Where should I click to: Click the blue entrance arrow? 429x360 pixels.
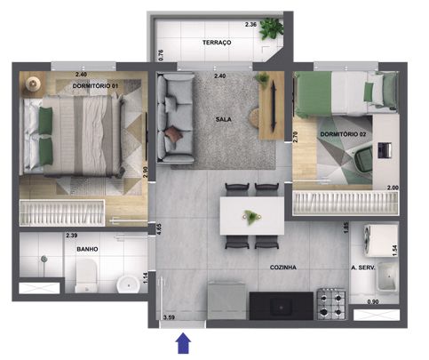(x=183, y=343)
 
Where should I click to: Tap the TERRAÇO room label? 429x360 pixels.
(x=217, y=43)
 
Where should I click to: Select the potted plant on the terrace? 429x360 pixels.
(x=271, y=28)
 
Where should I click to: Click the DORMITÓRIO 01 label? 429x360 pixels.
(x=95, y=86)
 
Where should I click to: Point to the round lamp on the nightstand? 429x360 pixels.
(x=32, y=84)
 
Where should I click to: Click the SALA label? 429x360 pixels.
(x=224, y=119)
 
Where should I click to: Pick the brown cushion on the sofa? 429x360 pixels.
(x=173, y=134)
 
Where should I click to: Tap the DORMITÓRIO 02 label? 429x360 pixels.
(x=343, y=134)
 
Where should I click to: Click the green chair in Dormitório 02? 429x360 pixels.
(x=363, y=159)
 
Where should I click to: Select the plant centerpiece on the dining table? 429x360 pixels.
(x=251, y=217)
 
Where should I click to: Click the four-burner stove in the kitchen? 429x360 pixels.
(x=331, y=304)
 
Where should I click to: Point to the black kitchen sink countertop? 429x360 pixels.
(x=281, y=306)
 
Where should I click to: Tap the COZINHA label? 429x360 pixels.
(x=283, y=268)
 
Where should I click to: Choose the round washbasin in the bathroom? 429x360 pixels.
(x=129, y=284)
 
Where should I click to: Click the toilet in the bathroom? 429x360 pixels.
(x=86, y=276)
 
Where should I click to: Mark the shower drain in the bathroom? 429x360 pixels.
(x=44, y=259)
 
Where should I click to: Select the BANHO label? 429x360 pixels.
(x=87, y=249)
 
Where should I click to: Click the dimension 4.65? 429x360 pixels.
(x=159, y=229)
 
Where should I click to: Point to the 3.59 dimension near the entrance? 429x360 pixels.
(x=169, y=317)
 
